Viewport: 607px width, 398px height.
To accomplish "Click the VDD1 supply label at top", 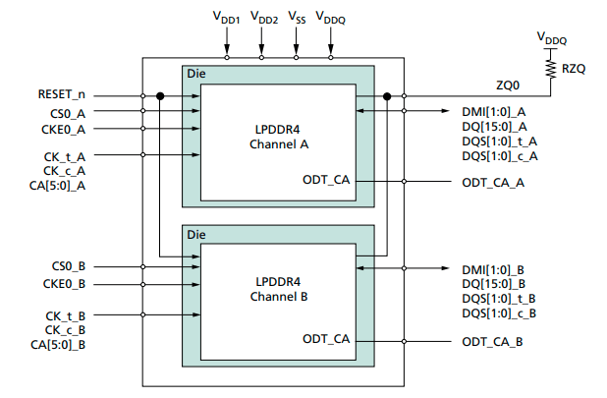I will (227, 19).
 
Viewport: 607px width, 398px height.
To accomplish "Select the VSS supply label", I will (297, 19).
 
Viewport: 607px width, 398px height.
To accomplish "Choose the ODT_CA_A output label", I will (493, 183).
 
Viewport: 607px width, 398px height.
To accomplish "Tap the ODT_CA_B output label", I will (493, 341).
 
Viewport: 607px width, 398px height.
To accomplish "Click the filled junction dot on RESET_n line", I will (159, 96).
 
